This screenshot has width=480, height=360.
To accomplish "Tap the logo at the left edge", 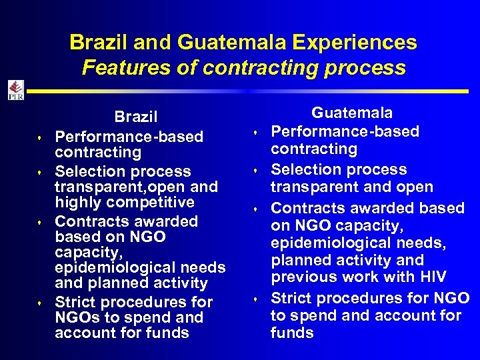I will [15, 90].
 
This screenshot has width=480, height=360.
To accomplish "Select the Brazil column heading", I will [135, 117].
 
